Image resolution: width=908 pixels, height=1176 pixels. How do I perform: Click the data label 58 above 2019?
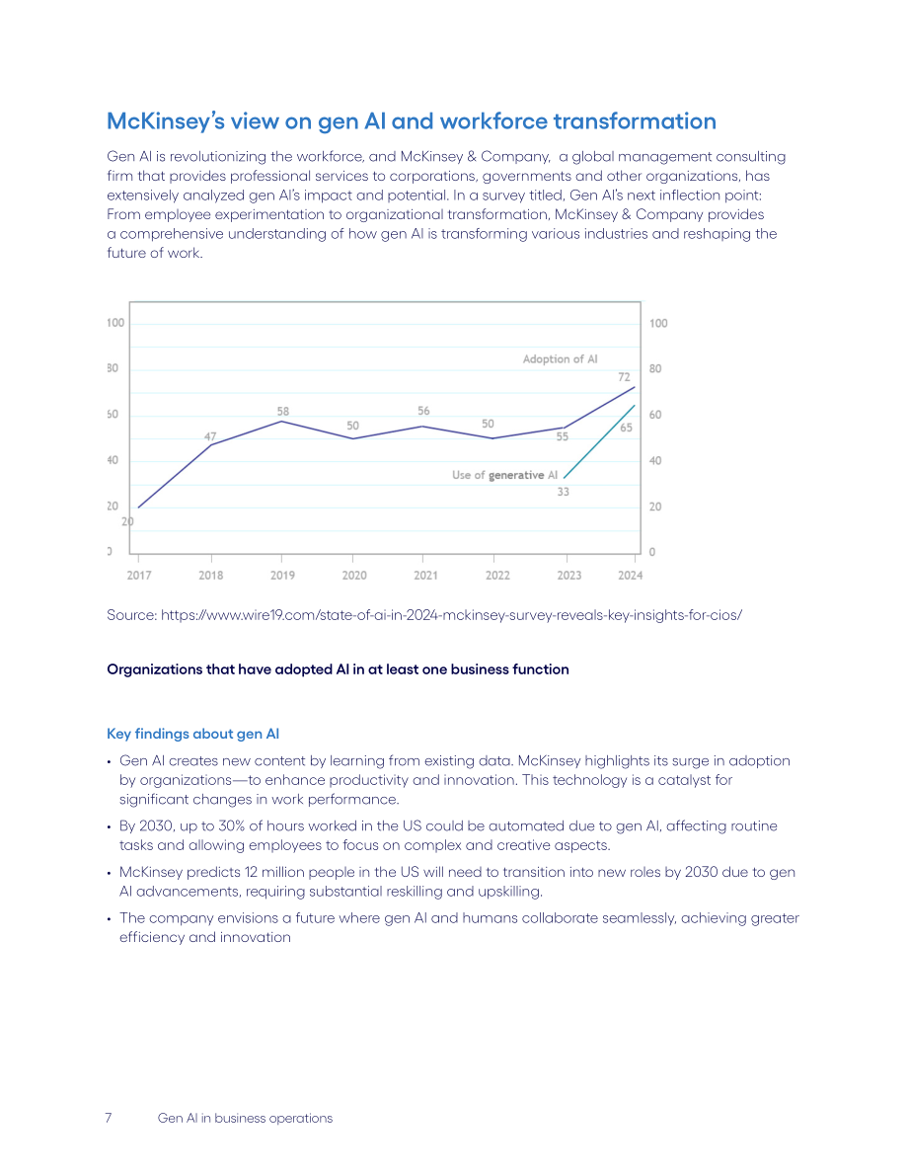(282, 411)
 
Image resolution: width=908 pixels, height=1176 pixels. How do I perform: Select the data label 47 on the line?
(210, 435)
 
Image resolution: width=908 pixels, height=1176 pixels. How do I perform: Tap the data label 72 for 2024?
(624, 376)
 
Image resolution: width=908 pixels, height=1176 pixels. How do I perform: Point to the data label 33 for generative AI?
(564, 492)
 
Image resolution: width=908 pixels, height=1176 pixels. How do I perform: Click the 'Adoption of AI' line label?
(560, 358)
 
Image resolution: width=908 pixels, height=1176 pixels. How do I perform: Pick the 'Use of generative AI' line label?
(504, 475)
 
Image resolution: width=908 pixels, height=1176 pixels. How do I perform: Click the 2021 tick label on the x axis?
(426, 576)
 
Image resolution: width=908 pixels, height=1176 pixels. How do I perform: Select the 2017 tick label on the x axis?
(139, 576)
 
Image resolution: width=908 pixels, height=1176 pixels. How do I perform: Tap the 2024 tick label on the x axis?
(630, 576)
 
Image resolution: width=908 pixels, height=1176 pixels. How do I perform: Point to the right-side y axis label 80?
(655, 368)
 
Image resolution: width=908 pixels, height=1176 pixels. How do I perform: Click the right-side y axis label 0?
(652, 552)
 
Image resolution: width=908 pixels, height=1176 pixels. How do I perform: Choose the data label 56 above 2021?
(423, 410)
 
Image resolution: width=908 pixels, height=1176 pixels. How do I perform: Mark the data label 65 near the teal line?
(626, 428)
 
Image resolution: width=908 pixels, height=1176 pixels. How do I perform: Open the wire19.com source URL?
(451, 615)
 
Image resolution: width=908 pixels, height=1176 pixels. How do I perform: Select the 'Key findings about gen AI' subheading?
(192, 734)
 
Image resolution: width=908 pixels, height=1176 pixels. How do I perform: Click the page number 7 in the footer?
(109, 1118)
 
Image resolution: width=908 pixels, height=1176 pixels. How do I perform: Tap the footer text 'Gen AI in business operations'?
(245, 1118)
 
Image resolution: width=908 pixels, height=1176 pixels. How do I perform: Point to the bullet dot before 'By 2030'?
(110, 826)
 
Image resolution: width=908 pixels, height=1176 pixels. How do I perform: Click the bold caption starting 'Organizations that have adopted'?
(338, 669)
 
